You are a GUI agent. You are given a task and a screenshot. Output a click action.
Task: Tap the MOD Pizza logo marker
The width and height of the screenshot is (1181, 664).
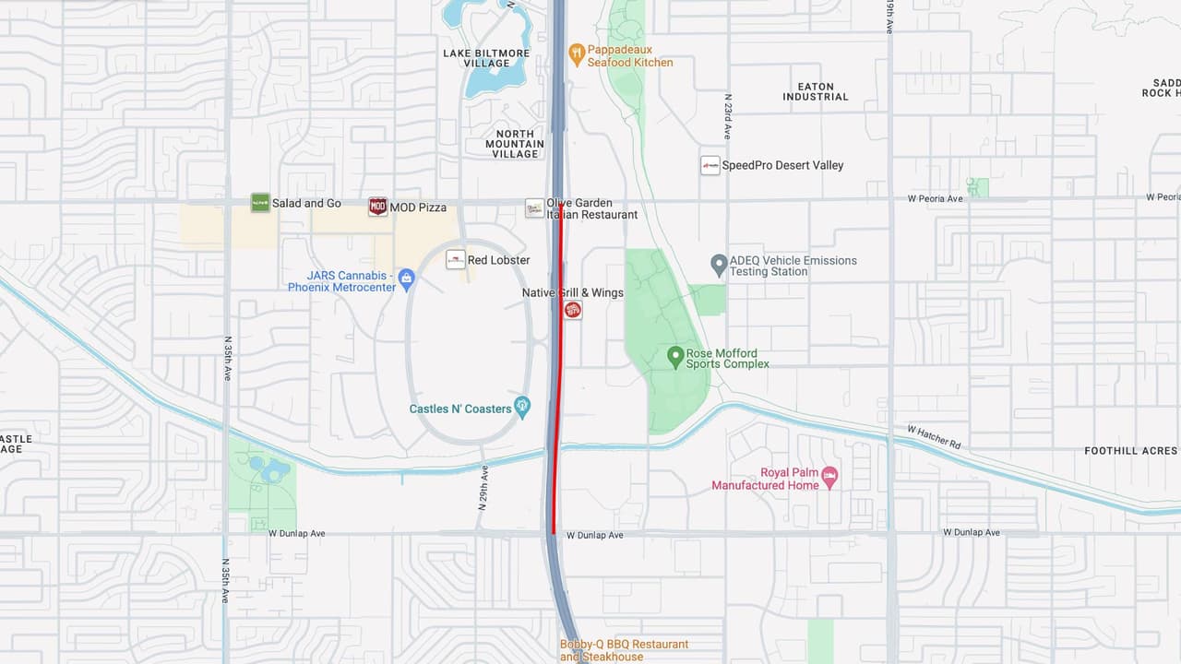pyautogui.click(x=377, y=207)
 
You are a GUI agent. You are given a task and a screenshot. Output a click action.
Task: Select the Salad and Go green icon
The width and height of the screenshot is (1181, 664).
pyautogui.click(x=260, y=203)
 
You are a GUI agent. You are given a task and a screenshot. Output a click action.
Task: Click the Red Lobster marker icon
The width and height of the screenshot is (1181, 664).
pyautogui.click(x=455, y=259)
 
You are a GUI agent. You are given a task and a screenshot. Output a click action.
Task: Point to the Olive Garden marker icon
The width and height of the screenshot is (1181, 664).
pyautogui.click(x=534, y=207)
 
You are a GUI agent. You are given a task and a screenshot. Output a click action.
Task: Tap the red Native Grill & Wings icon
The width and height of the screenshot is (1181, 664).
pyautogui.click(x=573, y=310)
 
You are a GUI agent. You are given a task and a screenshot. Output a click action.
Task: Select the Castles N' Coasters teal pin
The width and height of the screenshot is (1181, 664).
pyautogui.click(x=522, y=406)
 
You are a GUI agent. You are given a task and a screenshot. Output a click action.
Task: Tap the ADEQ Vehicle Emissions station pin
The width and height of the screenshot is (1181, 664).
pyautogui.click(x=719, y=265)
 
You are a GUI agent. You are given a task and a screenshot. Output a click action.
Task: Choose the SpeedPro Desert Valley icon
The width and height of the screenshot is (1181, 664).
pyautogui.click(x=710, y=165)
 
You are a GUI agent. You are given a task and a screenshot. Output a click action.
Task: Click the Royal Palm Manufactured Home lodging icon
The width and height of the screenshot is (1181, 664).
pyautogui.click(x=829, y=476)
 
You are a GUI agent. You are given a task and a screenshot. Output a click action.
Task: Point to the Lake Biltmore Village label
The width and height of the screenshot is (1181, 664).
pyautogui.click(x=486, y=58)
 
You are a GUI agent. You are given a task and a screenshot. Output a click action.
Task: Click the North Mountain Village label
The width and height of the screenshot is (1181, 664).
pyautogui.click(x=514, y=144)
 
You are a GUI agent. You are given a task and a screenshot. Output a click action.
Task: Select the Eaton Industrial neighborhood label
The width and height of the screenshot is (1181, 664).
pyautogui.click(x=816, y=91)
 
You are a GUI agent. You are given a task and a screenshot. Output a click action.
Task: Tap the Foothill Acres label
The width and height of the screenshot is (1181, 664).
pyautogui.click(x=1130, y=451)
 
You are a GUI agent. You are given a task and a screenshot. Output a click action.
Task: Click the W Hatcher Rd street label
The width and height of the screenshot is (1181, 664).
pyautogui.click(x=933, y=437)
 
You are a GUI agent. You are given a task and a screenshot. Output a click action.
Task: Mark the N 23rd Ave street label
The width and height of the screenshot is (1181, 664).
pyautogui.click(x=728, y=116)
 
